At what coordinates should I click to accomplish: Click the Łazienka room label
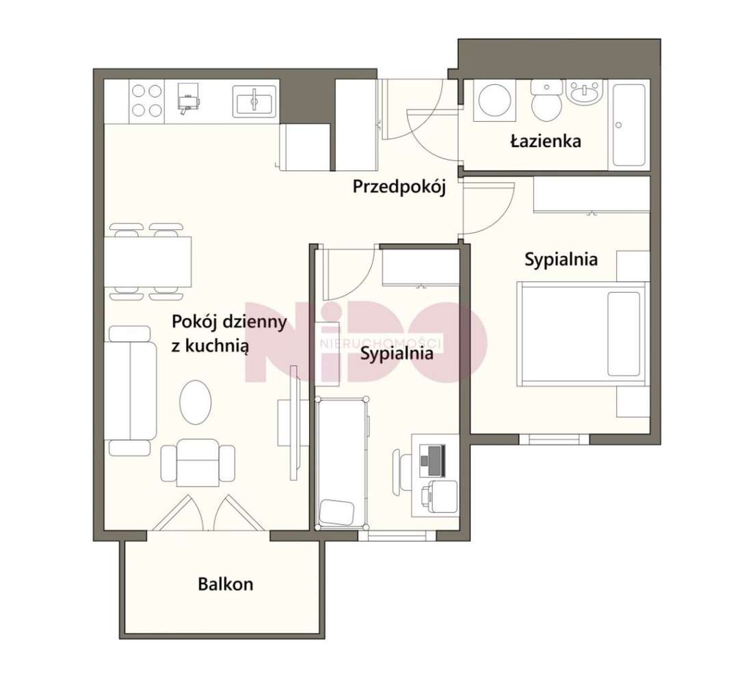[545, 141]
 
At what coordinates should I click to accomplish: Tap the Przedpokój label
[399, 187]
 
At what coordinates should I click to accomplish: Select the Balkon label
[226, 584]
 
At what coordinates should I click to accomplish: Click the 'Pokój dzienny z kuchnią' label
[228, 334]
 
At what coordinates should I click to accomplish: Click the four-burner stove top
[147, 101]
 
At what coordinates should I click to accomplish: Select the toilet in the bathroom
[547, 101]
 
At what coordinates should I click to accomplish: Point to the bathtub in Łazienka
[629, 125]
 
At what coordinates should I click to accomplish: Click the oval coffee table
[196, 402]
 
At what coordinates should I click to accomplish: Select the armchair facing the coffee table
[198, 462]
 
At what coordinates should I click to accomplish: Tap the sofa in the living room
[130, 391]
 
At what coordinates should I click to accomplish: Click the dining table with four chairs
[148, 262]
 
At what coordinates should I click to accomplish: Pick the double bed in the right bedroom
[583, 334]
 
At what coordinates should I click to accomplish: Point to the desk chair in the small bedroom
[401, 471]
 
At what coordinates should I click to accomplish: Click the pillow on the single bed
[337, 512]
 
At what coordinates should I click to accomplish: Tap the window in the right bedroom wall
[554, 439]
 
